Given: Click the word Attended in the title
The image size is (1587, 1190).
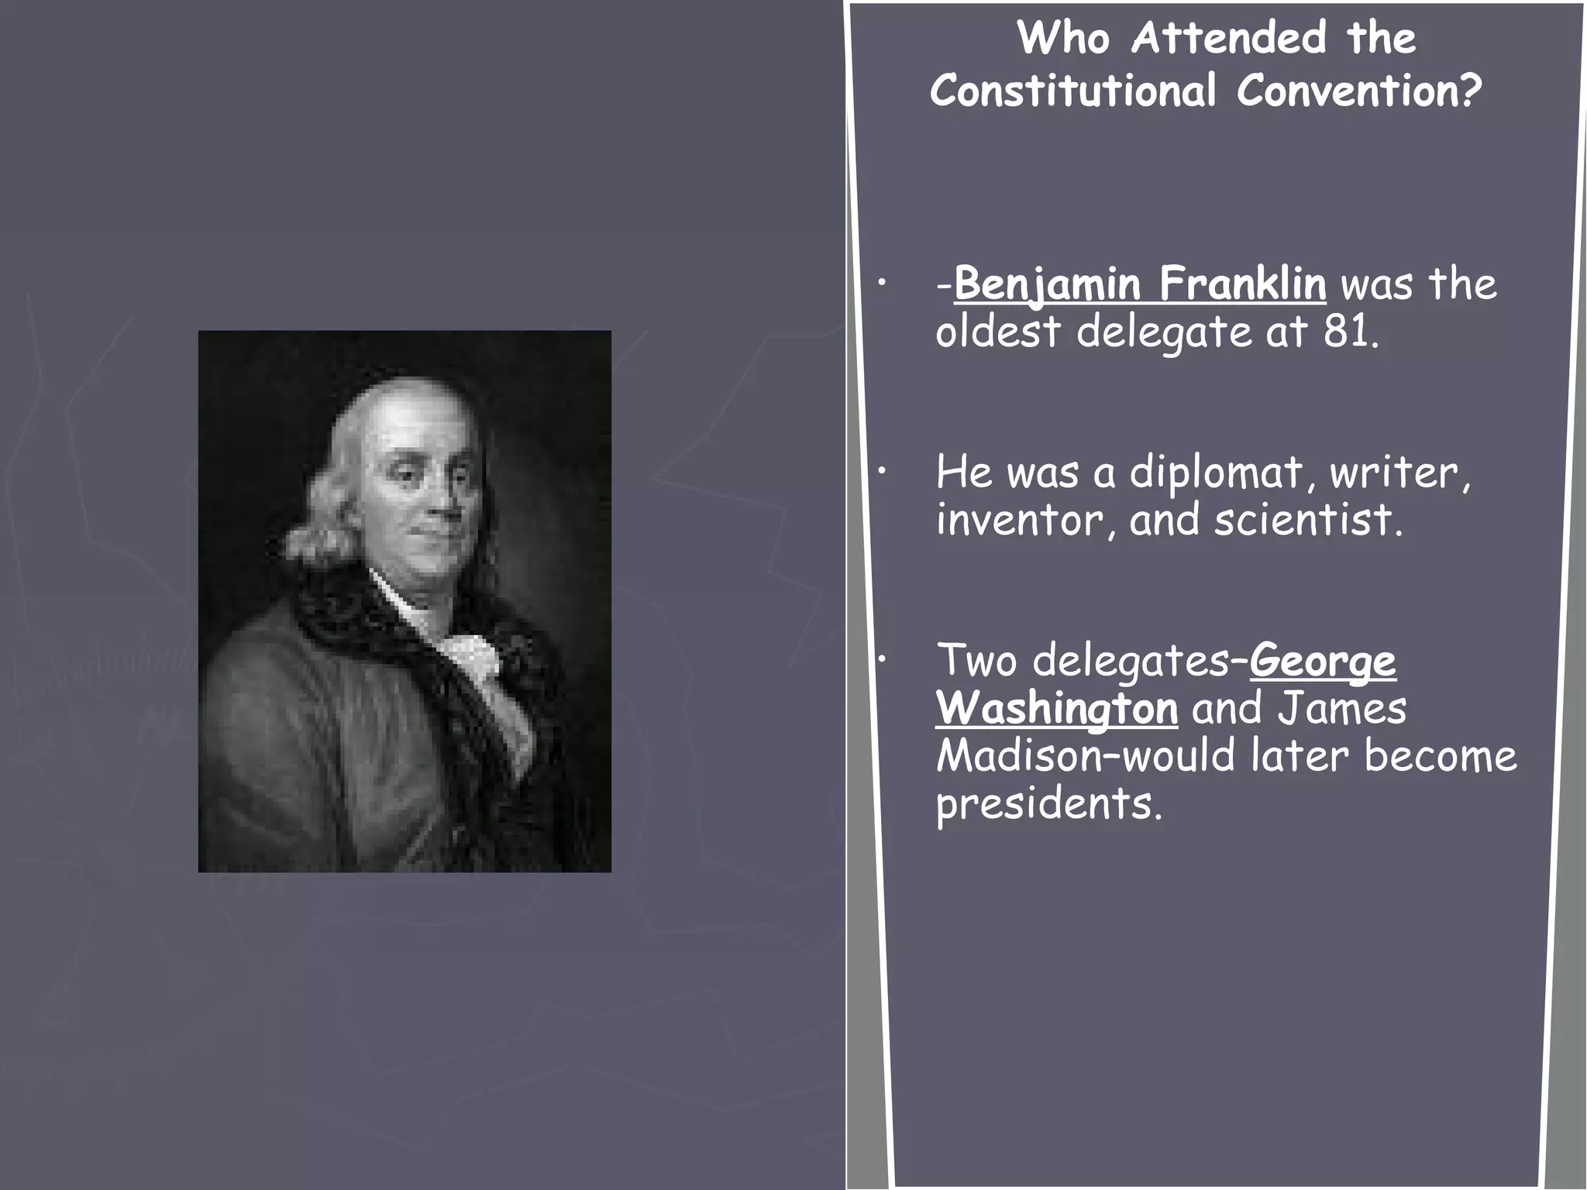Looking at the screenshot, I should pyautogui.click(x=1228, y=38).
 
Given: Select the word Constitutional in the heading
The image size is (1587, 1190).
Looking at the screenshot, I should pyautogui.click(x=1073, y=91).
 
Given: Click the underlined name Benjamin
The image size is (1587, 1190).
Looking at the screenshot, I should pyautogui.click(x=1048, y=284).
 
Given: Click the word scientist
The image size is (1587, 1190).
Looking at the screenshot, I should pyautogui.click(x=1307, y=520).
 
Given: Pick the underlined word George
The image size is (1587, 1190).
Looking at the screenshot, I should pyautogui.click(x=1323, y=662).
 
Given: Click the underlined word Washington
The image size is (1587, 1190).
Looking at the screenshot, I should pyautogui.click(x=1056, y=709).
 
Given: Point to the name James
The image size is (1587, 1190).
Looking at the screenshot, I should pyautogui.click(x=1341, y=709).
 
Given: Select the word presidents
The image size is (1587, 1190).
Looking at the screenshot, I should pyautogui.click(x=1049, y=804).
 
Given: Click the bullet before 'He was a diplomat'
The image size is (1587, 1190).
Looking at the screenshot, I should pyautogui.click(x=881, y=473).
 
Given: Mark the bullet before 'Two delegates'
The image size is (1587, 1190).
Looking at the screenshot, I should pyautogui.click(x=881, y=660).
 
